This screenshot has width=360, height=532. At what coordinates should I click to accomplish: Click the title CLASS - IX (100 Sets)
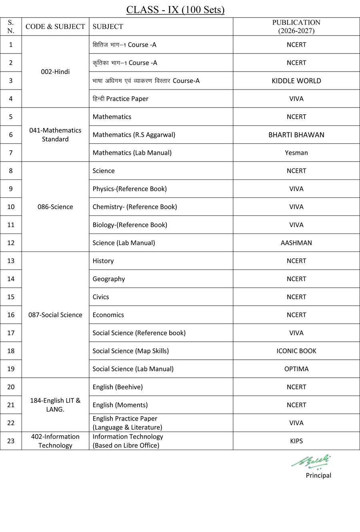click(175, 10)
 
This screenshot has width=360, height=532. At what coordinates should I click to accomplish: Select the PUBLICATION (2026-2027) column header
click(296, 26)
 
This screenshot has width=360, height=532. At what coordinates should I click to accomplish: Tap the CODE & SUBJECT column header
click(55, 26)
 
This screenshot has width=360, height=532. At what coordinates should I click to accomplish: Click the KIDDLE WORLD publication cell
click(296, 81)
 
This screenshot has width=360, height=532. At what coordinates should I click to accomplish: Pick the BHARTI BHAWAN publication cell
click(296, 135)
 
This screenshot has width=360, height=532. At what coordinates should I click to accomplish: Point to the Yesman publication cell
click(296, 153)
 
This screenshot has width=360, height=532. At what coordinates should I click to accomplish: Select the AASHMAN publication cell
click(296, 243)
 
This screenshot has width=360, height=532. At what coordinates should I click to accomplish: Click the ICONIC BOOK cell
click(296, 351)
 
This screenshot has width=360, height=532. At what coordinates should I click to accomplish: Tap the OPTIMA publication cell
click(296, 369)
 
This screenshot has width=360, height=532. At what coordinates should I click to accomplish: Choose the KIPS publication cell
click(296, 441)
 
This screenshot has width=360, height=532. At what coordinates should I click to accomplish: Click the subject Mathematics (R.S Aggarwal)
click(134, 135)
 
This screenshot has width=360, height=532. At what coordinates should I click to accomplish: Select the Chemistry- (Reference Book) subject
click(134, 207)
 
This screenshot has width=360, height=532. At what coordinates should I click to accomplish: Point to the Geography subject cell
click(108, 279)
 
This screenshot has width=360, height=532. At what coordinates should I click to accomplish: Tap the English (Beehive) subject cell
click(117, 387)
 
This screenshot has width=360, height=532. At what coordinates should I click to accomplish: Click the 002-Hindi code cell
click(55, 72)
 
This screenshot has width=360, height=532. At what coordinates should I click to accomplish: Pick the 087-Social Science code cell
click(55, 315)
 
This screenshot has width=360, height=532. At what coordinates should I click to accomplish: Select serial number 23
click(11, 441)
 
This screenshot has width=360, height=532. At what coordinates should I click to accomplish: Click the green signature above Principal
click(312, 461)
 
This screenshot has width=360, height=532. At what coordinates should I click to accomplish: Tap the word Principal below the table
click(318, 475)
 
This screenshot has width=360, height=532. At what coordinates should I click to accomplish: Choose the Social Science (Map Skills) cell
click(130, 351)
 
